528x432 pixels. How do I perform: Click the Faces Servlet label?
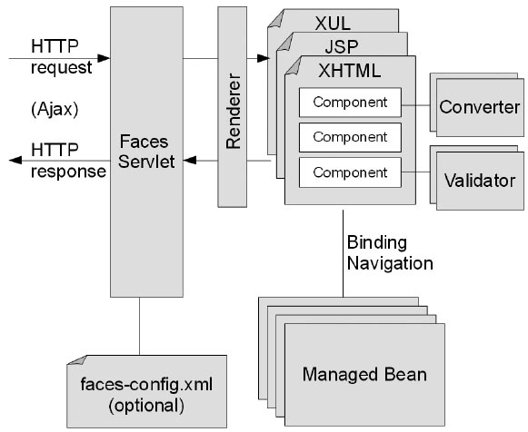coord(146,152)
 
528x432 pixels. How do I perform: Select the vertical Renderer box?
coord(232,107)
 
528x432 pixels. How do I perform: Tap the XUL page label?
coord(333,24)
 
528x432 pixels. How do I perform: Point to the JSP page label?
coord(342,46)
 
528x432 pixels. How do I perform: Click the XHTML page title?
coord(350,71)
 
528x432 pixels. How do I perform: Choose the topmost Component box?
coord(350,103)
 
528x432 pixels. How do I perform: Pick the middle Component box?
coord(350,137)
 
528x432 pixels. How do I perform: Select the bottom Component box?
coord(350,172)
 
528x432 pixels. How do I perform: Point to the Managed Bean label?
coord(364,374)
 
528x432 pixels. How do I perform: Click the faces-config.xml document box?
coord(147,392)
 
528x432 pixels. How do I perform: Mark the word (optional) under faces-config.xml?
coord(146,406)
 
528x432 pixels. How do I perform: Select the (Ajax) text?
coord(55,109)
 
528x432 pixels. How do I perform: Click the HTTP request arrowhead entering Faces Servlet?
coord(104,58)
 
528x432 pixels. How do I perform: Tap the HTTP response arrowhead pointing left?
coord(15,161)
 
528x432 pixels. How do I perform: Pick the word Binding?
coord(377,242)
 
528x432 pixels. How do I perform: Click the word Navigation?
coord(390,263)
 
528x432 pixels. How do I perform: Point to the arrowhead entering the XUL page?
coord(264,58)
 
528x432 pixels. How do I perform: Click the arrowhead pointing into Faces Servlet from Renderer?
coord(190,161)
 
